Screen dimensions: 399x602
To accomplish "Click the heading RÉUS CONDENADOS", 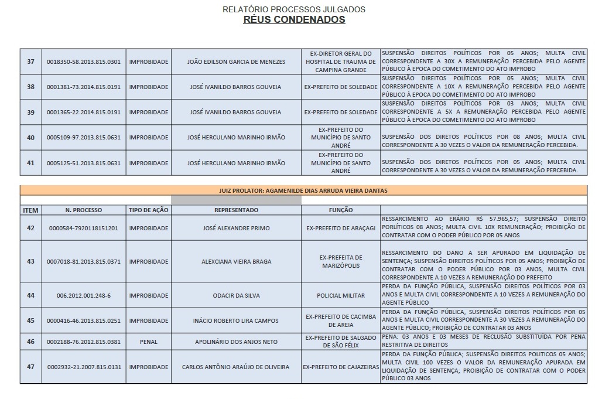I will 294,20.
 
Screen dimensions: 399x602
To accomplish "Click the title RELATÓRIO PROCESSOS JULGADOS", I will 294,9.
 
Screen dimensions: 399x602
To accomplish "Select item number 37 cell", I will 30,62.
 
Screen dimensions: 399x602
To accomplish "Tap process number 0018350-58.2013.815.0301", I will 83,62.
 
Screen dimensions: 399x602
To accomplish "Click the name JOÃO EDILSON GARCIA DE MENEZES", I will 236,62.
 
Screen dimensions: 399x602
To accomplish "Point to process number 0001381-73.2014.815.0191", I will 83,87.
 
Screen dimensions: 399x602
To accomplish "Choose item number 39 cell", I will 30,112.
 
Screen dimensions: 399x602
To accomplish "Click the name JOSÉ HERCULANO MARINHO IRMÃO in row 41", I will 236,163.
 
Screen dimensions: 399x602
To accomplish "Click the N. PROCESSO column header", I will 83,210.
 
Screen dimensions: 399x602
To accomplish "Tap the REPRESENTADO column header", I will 236,210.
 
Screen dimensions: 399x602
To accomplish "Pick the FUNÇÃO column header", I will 341,210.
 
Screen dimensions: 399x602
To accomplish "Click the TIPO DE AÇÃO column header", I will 148,210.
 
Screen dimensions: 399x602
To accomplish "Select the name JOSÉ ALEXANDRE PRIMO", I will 236,228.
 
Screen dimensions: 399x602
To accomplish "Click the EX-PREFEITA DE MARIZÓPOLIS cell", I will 341,261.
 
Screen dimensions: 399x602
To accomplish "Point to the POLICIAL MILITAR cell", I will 341,296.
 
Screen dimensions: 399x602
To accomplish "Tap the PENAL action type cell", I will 148,341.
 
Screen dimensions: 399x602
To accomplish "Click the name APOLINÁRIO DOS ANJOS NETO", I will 236,341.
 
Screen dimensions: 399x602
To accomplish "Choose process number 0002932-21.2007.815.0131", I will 83,367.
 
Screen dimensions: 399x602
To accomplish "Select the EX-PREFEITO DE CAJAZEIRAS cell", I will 341,367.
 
